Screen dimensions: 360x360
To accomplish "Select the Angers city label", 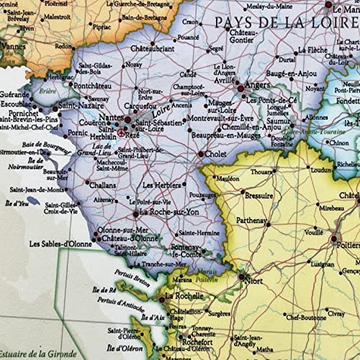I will [x=257, y=84].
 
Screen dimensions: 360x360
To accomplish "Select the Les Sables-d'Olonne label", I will [x=58, y=243].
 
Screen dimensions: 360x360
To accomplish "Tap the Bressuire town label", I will [x=258, y=195].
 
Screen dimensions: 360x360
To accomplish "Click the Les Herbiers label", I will [x=161, y=184].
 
